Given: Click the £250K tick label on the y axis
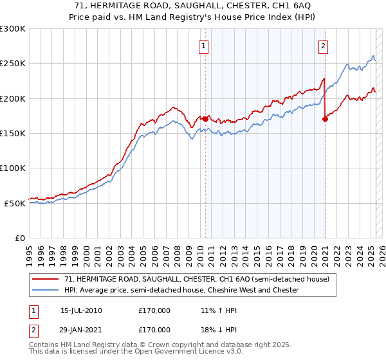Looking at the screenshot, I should [13, 64].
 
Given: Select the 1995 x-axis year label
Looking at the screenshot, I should [29, 251].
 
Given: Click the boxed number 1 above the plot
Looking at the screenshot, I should [203, 45].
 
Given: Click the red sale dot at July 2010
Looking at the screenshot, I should [205, 119].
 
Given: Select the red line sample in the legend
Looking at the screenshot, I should [46, 279].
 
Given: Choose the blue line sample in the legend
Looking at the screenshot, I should [46, 290].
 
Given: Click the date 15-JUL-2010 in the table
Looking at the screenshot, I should [81, 310].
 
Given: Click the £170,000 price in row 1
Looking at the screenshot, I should [154, 310].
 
